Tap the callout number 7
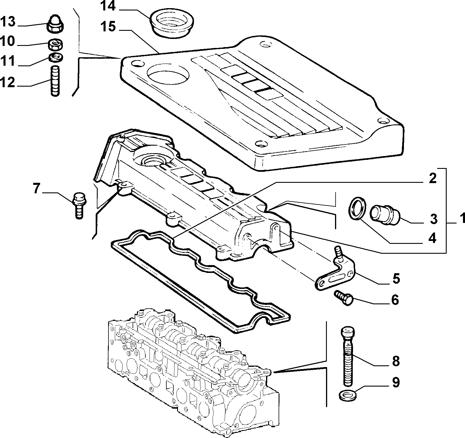36,189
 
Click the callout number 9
395,382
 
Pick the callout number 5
395,278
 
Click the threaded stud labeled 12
55,81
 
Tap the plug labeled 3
385,214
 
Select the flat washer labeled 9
348,395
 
